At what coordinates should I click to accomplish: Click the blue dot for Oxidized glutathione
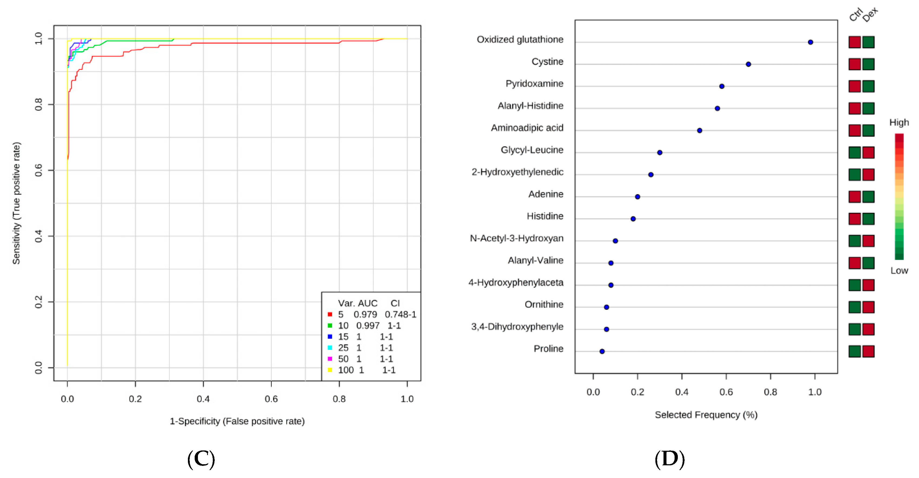click(810, 42)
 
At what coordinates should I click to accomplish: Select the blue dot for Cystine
click(748, 64)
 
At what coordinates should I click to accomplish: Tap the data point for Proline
click(602, 351)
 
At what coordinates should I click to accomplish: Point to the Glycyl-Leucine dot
click(660, 153)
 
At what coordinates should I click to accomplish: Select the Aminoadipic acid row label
click(527, 128)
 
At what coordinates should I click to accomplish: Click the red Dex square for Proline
click(868, 351)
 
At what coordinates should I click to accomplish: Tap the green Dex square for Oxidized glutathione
click(868, 42)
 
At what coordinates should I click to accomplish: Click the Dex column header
click(871, 15)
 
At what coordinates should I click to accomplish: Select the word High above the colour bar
click(899, 123)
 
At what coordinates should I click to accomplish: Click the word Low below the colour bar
click(899, 271)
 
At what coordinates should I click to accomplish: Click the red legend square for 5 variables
click(330, 314)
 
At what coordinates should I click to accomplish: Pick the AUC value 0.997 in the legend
click(367, 325)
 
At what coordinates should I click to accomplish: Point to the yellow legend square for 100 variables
click(330, 370)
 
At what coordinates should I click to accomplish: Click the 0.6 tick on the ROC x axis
click(271, 399)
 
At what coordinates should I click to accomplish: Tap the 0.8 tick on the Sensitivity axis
click(39, 105)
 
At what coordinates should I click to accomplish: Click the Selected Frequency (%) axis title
click(706, 415)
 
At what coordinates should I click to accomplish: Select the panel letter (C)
click(201, 459)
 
